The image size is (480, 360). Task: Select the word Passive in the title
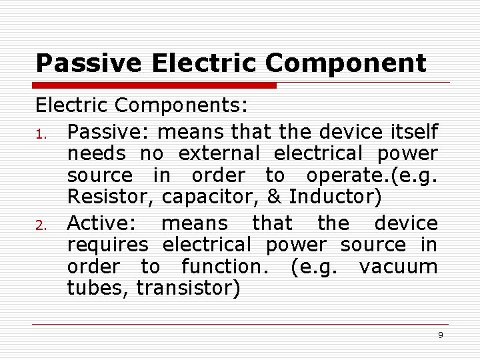89,63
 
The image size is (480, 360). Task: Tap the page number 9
440,335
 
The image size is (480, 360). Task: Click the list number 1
40,131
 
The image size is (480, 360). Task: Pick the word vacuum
398,267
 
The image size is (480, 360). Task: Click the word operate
347,176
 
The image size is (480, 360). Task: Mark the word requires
107,245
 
